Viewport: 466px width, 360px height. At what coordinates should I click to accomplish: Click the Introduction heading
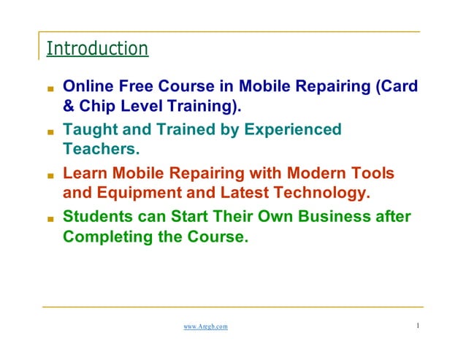pos(97,49)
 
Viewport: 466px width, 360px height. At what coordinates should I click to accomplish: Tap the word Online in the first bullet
pos(86,87)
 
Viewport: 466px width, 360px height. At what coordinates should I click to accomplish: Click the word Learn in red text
pos(84,174)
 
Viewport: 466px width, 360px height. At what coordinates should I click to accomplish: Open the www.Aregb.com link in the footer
pos(205,326)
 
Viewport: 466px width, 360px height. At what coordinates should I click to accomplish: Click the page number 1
pos(417,326)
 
